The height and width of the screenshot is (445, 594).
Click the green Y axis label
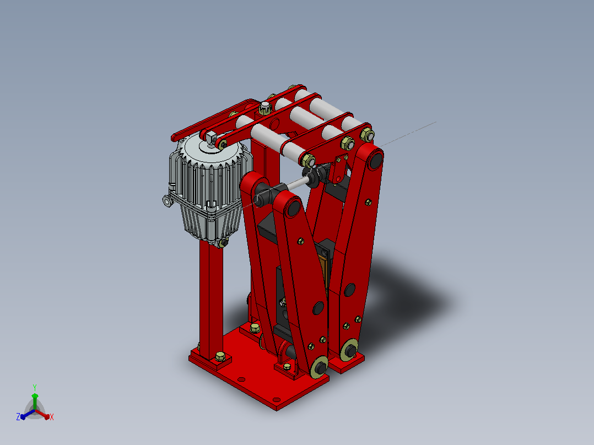point(35,388)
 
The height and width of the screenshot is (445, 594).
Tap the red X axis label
point(52,417)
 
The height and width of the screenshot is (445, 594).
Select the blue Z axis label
point(18,417)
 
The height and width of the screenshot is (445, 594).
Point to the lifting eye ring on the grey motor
point(167,200)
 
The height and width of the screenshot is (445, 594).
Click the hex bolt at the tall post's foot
point(220,356)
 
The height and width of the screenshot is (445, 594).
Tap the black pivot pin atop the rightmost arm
point(376,160)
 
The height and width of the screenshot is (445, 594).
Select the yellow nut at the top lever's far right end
point(367,134)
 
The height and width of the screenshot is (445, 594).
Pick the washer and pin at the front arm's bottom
point(320,367)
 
